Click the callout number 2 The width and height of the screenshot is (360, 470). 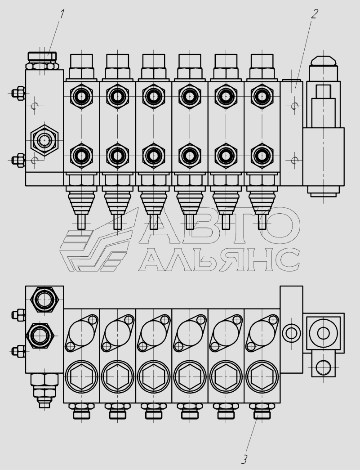314,14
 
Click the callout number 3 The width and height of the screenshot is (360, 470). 244,459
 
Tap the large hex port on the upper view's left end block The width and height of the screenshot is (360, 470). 44,140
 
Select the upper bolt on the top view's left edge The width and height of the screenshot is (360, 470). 18,93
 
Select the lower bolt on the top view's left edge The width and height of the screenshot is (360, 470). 18,161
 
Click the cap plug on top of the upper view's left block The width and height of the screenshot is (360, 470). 42,61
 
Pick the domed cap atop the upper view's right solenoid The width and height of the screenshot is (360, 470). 323,61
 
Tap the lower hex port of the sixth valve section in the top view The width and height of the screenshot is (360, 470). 262,156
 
